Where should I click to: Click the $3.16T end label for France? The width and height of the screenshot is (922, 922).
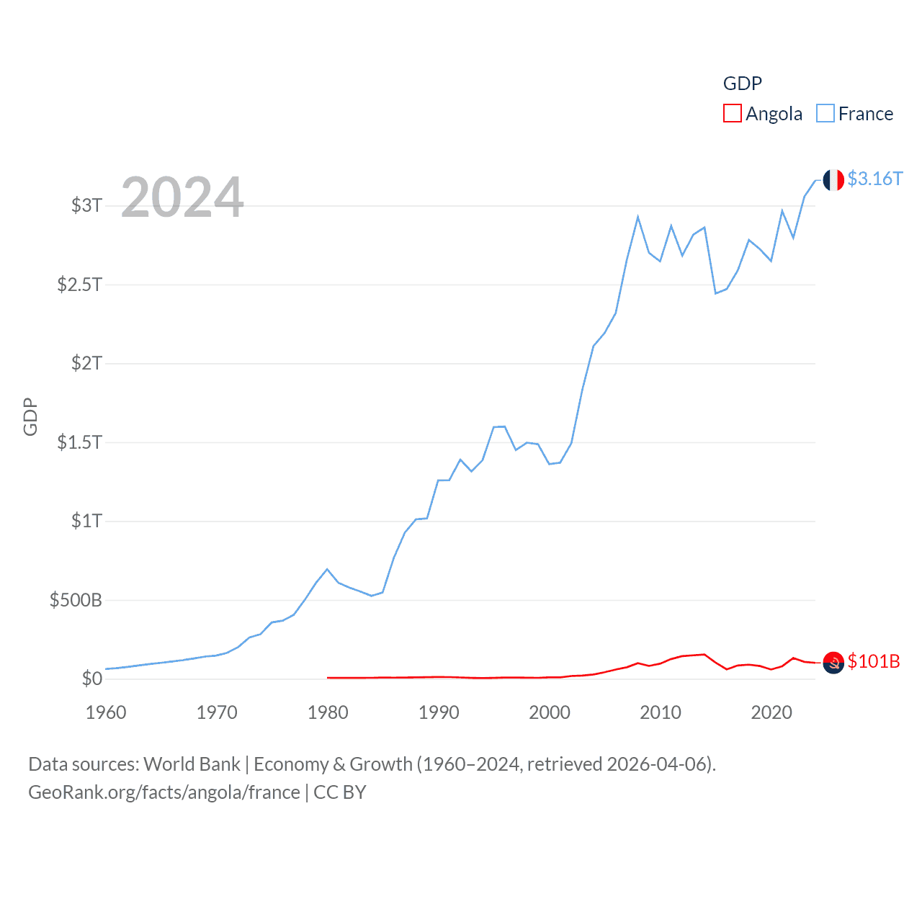tap(874, 179)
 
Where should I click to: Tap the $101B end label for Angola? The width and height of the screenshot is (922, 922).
tap(874, 661)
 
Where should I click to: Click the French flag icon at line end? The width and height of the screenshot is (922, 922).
tap(833, 180)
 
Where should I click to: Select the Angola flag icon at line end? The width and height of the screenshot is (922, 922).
tap(833, 662)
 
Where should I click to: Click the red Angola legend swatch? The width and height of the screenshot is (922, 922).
tap(732, 114)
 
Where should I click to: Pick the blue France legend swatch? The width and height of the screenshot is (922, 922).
tap(825, 114)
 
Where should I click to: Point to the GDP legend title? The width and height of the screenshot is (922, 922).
tap(742, 84)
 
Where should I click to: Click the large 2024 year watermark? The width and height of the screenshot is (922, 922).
tap(182, 197)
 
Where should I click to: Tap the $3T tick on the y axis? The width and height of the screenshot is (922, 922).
tap(86, 205)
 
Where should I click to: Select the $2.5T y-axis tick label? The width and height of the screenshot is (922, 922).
tap(79, 285)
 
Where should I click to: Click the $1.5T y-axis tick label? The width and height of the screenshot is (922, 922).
tap(79, 442)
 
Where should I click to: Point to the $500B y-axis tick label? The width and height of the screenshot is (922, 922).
tap(76, 600)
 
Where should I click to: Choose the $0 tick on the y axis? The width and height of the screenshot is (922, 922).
tap(91, 679)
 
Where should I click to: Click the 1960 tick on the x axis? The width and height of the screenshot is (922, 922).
tap(106, 712)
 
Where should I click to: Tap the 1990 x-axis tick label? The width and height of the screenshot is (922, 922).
tap(439, 712)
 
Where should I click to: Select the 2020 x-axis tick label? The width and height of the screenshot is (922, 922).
tap(771, 712)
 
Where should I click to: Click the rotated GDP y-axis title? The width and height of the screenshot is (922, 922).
tap(30, 416)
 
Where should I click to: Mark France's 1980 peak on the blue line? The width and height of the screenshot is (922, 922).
tap(328, 569)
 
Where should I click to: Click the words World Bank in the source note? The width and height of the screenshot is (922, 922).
tap(192, 764)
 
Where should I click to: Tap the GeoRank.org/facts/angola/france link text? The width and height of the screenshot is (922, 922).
tap(164, 792)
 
